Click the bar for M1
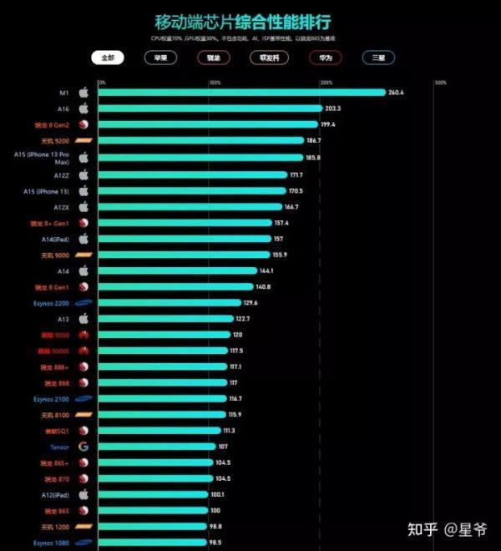(x=242, y=93)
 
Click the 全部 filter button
(x=108, y=58)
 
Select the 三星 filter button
(x=378, y=58)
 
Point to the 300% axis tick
(x=440, y=83)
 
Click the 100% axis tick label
(x=215, y=83)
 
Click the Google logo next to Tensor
(x=83, y=447)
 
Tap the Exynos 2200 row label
(x=50, y=302)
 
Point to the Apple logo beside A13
(x=83, y=318)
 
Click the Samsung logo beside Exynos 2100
(x=83, y=398)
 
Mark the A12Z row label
(x=61, y=175)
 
